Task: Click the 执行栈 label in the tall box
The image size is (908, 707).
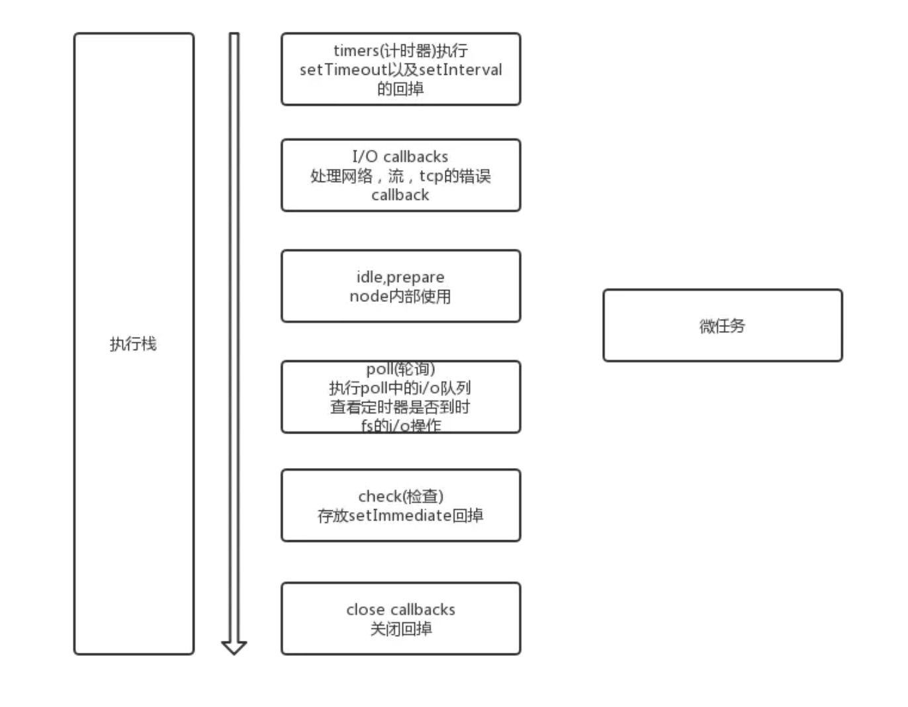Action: pyautogui.click(x=133, y=344)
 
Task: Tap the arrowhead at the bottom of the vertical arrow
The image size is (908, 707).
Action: pyautogui.click(x=234, y=647)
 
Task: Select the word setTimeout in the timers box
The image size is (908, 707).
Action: pyautogui.click(x=343, y=70)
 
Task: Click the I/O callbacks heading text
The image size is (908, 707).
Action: pyautogui.click(x=400, y=157)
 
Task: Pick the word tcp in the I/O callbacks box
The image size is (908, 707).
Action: pyautogui.click(x=431, y=176)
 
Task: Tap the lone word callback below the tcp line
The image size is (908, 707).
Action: pyautogui.click(x=400, y=195)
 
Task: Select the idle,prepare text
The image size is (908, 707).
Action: pyautogui.click(x=400, y=277)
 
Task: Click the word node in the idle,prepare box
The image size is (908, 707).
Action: pyautogui.click(x=369, y=297)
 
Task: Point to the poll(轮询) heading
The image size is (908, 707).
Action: pyautogui.click(x=400, y=369)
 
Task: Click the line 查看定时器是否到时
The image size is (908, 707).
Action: pyautogui.click(x=400, y=407)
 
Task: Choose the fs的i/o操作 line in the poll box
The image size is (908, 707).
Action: pyautogui.click(x=400, y=426)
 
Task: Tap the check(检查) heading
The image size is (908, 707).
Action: pyautogui.click(x=400, y=496)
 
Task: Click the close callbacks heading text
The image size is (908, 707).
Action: pyautogui.click(x=400, y=610)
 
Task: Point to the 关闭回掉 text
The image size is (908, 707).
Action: pyautogui.click(x=400, y=629)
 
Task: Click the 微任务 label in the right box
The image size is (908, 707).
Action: pyautogui.click(x=722, y=326)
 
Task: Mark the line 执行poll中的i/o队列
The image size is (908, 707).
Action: pyautogui.click(x=400, y=388)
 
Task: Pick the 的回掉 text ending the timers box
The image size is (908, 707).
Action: pyautogui.click(x=400, y=89)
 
